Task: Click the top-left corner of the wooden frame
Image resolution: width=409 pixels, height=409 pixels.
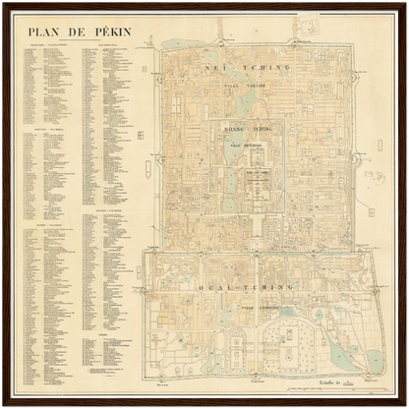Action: (3, 3)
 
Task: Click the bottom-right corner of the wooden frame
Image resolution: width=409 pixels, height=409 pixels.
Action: (405, 405)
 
